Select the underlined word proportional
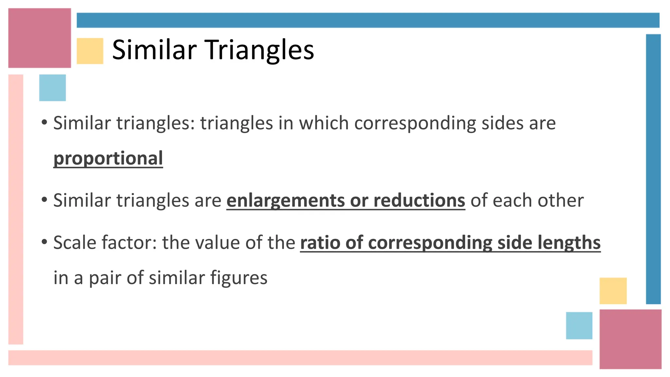(x=108, y=158)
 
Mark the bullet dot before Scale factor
(x=44, y=242)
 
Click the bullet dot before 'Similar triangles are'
(x=44, y=200)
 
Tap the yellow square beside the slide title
(x=90, y=51)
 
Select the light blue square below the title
(x=52, y=88)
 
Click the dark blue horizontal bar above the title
(x=368, y=20)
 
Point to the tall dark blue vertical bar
(x=653, y=169)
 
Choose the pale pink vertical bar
(x=16, y=209)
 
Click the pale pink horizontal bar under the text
(x=300, y=358)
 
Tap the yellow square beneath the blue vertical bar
(x=613, y=291)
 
